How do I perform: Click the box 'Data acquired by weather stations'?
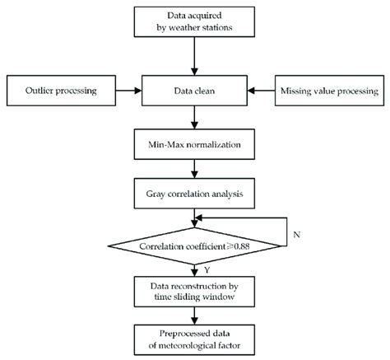coord(194,22)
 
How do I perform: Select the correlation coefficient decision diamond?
coord(194,245)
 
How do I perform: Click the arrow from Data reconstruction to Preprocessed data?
coord(194,314)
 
